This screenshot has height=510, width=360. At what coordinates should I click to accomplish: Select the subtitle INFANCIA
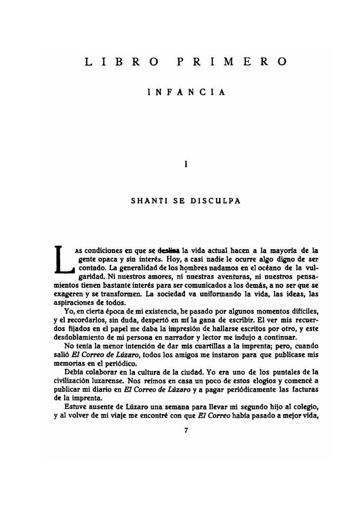(186, 92)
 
